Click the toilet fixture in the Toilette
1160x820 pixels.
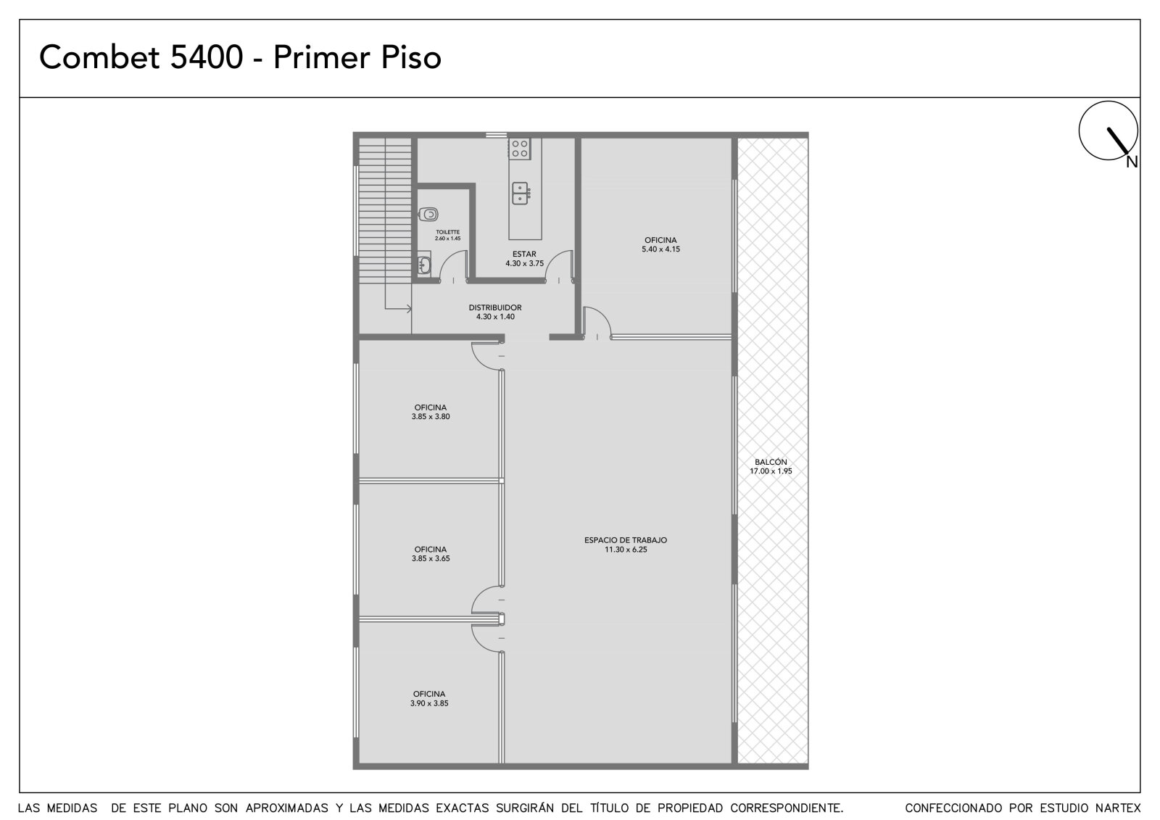click(428, 213)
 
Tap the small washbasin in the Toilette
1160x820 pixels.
click(424, 265)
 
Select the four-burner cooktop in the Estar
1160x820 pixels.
click(519, 148)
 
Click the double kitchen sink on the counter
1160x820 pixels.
click(521, 193)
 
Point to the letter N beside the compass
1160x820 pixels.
click(1132, 162)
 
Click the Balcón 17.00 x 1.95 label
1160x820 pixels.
click(771, 466)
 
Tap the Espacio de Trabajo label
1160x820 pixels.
click(626, 544)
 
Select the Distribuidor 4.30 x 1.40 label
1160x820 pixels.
click(495, 312)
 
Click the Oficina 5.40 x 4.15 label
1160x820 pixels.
click(660, 244)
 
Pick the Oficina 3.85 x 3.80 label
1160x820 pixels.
click(431, 412)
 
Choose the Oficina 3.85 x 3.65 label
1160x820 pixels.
click(431, 554)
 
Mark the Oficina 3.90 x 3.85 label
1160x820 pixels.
click(429, 698)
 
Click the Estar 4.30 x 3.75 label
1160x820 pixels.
click(525, 259)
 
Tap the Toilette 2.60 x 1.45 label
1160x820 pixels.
click(448, 235)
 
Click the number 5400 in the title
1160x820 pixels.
click(206, 57)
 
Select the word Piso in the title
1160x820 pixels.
click(411, 57)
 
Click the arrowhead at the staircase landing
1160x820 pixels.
click(409, 310)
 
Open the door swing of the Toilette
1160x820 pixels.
click(452, 266)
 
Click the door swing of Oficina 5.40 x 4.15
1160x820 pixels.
click(597, 322)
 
